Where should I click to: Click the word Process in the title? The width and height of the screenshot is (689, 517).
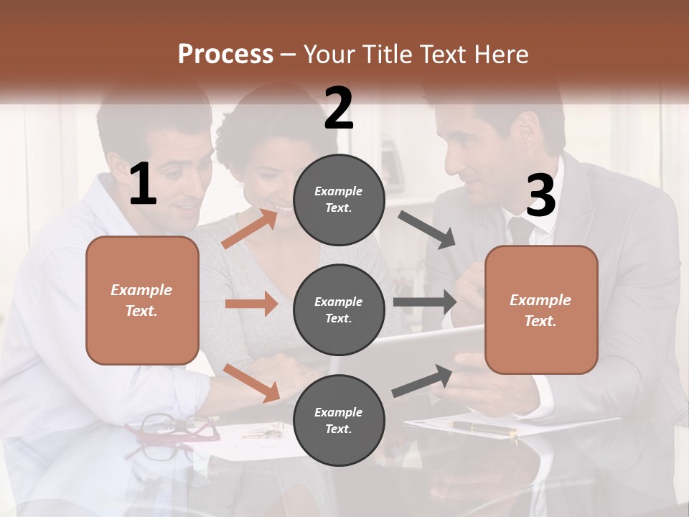point(225,55)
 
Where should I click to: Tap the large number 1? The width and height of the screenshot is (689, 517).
point(143,185)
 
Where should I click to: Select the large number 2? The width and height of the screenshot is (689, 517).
point(339,108)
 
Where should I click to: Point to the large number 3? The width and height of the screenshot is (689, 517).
point(540,196)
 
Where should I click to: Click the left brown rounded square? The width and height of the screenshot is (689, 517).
point(142,300)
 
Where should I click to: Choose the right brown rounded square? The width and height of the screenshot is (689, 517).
point(541,310)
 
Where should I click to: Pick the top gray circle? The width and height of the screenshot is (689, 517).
point(339,200)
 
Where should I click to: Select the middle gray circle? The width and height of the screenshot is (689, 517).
point(339,309)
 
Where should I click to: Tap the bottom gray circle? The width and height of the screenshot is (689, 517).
point(339,420)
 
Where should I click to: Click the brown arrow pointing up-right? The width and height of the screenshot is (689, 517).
point(250,228)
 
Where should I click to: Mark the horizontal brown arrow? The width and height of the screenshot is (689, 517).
point(251,304)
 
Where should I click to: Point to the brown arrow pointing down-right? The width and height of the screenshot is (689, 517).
point(251,383)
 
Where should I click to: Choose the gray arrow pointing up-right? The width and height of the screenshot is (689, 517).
point(423,381)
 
